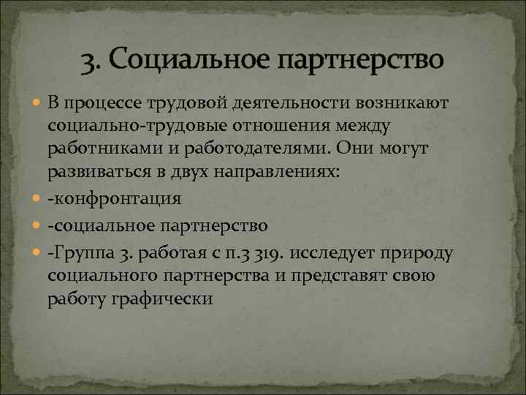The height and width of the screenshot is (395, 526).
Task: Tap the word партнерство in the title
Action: [x=359, y=59]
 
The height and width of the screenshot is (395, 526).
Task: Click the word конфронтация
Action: [x=118, y=199]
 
